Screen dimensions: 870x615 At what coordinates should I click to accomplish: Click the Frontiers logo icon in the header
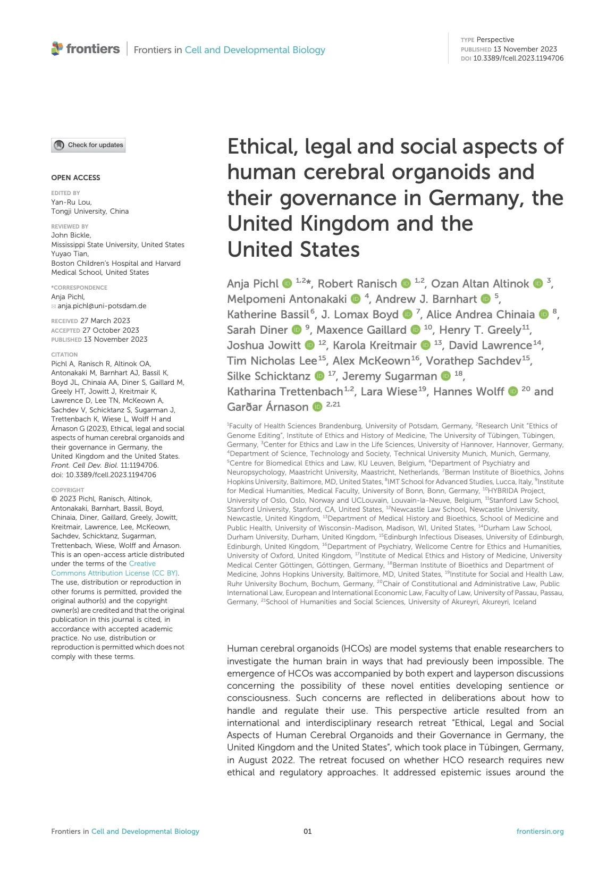(x=57, y=49)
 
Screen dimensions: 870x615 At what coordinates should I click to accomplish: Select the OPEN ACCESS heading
(x=75, y=178)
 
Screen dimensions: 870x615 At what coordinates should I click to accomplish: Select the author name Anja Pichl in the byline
(x=252, y=284)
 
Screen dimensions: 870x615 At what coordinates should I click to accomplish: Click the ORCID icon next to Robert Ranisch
(x=406, y=284)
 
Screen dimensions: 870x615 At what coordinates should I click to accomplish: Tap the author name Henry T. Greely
(x=480, y=330)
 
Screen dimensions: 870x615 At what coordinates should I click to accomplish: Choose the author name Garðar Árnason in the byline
(x=267, y=407)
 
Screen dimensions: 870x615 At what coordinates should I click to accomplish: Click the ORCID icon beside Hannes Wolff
(x=513, y=392)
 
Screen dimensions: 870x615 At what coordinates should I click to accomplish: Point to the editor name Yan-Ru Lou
(x=71, y=202)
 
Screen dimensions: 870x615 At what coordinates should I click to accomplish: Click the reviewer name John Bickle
(x=71, y=235)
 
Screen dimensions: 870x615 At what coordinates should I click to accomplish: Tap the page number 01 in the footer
(x=307, y=831)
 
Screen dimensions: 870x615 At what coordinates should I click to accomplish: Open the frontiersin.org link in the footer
(x=540, y=831)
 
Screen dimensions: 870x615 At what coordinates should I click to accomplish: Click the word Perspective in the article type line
(x=495, y=40)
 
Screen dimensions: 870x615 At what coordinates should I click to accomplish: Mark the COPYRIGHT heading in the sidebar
(x=68, y=490)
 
